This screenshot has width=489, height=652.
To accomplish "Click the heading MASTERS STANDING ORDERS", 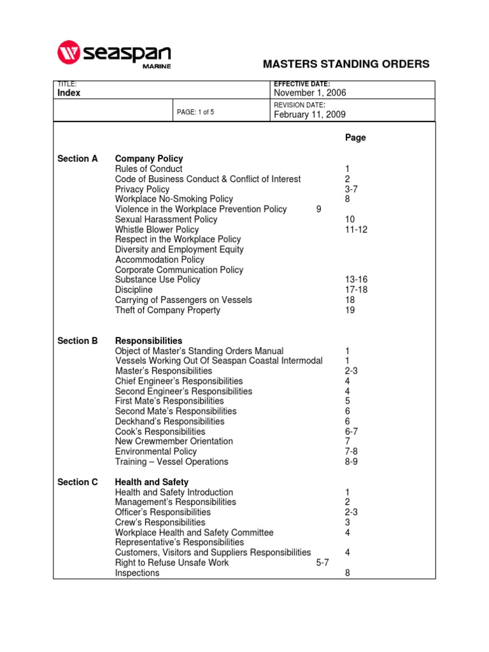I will [346, 64].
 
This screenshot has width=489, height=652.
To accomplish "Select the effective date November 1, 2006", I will [309, 93].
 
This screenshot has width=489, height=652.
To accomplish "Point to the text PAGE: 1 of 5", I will [195, 112].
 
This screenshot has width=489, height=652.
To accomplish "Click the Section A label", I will [78, 159].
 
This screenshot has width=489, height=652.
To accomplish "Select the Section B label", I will [78, 341].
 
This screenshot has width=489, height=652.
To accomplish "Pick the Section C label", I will [78, 482].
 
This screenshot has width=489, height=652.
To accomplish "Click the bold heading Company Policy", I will [148, 159].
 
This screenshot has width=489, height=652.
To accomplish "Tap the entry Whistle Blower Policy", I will [157, 229].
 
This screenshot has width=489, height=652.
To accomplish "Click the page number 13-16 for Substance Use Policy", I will [356, 280].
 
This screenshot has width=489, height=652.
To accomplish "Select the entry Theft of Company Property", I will [167, 310].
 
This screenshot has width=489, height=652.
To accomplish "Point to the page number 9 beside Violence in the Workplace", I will [318, 209].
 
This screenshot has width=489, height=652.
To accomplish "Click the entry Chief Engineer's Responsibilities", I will [179, 381].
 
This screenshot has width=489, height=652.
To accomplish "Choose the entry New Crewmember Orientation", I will [174, 441].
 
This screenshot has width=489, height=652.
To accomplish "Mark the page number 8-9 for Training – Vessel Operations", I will [351, 462].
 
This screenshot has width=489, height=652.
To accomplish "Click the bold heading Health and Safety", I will [152, 482].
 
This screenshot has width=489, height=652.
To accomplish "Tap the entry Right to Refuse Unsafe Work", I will [172, 563].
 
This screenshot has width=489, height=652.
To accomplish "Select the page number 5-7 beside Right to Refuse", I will [322, 563].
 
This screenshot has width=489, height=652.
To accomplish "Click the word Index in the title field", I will [69, 93].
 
